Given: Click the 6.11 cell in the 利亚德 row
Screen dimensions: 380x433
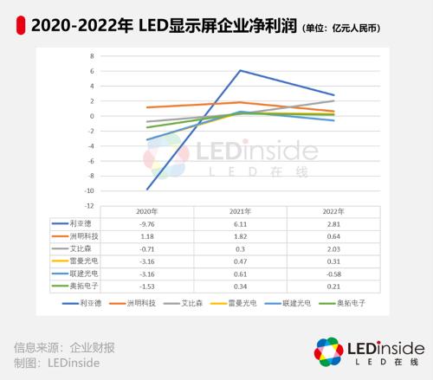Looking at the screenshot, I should tap(240, 222).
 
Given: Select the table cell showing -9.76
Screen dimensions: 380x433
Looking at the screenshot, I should tap(146, 222).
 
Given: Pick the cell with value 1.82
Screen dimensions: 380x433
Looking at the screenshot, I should tap(240, 235).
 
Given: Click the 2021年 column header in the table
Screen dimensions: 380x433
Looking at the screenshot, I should tap(240, 210).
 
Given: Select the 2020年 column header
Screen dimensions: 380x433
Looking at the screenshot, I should tap(146, 210).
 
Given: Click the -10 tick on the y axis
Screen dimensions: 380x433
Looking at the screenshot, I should tap(89, 190).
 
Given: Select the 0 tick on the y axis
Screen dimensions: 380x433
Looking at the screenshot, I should tap(92, 115).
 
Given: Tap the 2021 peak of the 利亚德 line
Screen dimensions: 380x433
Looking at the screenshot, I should tap(240, 70).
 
